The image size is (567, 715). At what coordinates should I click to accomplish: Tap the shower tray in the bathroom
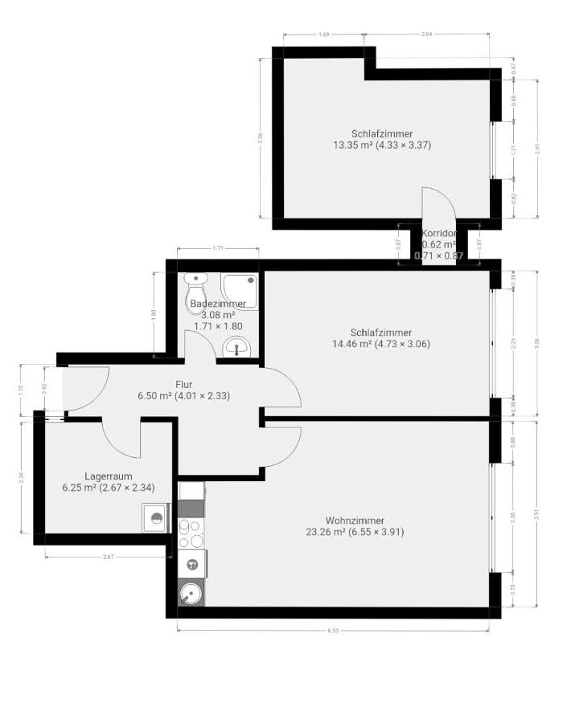(x=240, y=291)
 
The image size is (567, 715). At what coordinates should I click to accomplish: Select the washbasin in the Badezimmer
(x=236, y=347)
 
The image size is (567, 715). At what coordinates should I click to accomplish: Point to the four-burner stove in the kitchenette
(x=192, y=531)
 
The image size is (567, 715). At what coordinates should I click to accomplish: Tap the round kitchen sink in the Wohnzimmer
(x=191, y=594)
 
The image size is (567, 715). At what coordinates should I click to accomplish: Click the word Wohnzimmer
(x=355, y=520)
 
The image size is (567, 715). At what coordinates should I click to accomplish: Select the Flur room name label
(x=184, y=384)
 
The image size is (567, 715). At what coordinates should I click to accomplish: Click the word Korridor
(x=438, y=234)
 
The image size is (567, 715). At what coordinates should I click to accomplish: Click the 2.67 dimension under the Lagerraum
(x=107, y=556)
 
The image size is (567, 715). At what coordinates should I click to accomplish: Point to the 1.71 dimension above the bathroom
(x=217, y=249)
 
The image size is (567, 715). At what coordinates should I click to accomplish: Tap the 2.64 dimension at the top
(x=427, y=35)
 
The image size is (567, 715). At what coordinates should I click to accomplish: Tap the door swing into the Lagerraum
(x=121, y=438)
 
